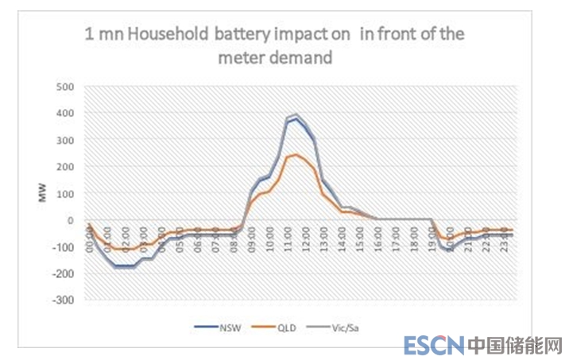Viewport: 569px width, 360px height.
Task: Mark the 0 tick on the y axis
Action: [70, 220]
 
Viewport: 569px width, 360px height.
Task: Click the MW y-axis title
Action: [43, 193]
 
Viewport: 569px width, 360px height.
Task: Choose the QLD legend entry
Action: [284, 327]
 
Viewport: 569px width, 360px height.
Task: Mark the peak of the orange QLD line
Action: [296, 154]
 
